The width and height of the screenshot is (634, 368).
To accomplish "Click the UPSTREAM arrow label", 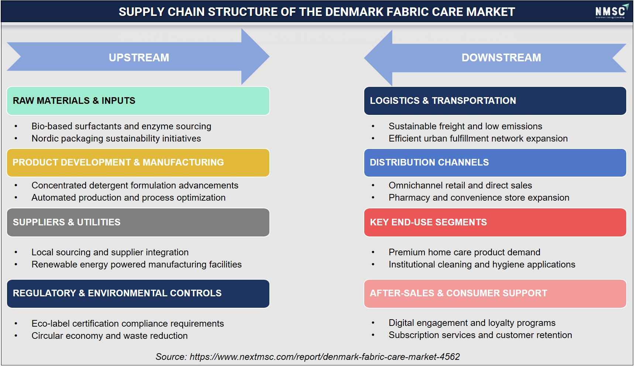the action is (x=139, y=58).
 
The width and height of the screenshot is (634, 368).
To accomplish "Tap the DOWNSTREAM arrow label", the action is (x=501, y=58).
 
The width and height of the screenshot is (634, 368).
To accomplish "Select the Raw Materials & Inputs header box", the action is (x=138, y=101).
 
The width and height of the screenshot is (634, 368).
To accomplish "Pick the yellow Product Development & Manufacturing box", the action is (x=138, y=163).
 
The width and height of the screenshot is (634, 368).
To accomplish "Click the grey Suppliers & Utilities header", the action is (x=138, y=222).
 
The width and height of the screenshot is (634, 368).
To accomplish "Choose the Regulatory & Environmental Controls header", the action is (x=138, y=293).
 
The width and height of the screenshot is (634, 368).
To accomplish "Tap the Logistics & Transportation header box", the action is (x=495, y=101).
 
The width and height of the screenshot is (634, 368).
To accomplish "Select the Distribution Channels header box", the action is (x=495, y=163).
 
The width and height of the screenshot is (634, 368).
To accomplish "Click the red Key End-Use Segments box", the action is (x=495, y=222).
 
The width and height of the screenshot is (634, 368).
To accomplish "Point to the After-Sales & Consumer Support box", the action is (x=495, y=293).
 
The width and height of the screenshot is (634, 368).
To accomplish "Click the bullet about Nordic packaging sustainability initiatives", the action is (x=116, y=139).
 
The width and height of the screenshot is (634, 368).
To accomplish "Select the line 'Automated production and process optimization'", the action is (x=128, y=198).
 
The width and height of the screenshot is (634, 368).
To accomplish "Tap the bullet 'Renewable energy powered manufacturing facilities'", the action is (x=137, y=265).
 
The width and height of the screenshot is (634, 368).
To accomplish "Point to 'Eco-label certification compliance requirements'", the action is (x=128, y=324).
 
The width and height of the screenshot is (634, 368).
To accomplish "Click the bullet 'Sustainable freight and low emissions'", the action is (x=465, y=126).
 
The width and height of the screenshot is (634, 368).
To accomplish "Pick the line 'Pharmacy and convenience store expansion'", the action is (x=479, y=198).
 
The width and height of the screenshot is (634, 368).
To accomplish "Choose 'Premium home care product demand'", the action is (x=464, y=252).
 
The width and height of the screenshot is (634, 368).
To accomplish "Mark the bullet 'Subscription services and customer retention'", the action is (x=480, y=335).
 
